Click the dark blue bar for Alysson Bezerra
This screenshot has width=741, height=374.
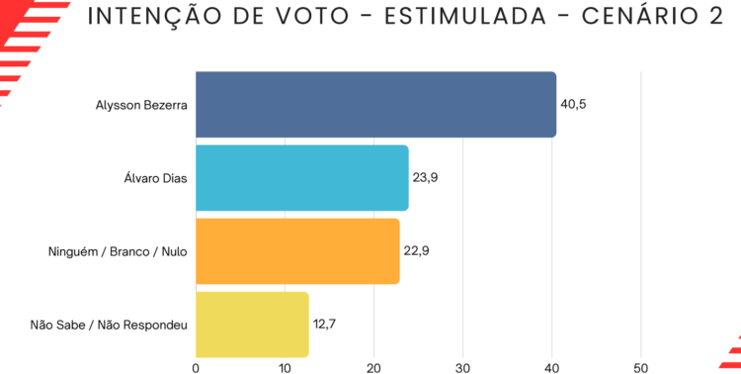pyautogui.click(x=376, y=105)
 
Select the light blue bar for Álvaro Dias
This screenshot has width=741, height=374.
pyautogui.click(x=302, y=178)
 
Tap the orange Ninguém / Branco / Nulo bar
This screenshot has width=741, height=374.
pyautogui.click(x=297, y=251)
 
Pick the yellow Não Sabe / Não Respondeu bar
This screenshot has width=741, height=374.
pyautogui.click(x=252, y=325)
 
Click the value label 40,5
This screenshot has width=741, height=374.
pyautogui.click(x=573, y=105)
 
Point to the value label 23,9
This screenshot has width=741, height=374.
pyautogui.click(x=425, y=178)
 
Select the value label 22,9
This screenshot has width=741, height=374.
pyautogui.click(x=416, y=251)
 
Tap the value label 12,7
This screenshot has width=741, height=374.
pyautogui.click(x=324, y=325)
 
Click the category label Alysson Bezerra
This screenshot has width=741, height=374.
pyautogui.click(x=141, y=105)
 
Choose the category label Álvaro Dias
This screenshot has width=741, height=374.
pyautogui.click(x=155, y=178)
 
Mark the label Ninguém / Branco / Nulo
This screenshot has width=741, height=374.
pyautogui.click(x=118, y=252)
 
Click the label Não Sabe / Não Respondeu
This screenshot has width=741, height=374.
pyautogui.click(x=109, y=326)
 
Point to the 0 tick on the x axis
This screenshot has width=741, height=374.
pyautogui.click(x=196, y=368)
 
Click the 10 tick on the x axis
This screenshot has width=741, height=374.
pyautogui.click(x=285, y=368)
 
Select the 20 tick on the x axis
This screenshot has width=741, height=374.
pyautogui.click(x=373, y=368)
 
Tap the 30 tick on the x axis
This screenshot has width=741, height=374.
pyautogui.click(x=463, y=368)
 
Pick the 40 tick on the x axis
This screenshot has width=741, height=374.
pyautogui.click(x=552, y=368)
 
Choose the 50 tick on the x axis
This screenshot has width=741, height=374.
pyautogui.click(x=641, y=368)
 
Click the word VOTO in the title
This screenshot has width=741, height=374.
pyautogui.click(x=313, y=17)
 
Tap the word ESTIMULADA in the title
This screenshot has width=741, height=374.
pyautogui.click(x=465, y=17)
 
